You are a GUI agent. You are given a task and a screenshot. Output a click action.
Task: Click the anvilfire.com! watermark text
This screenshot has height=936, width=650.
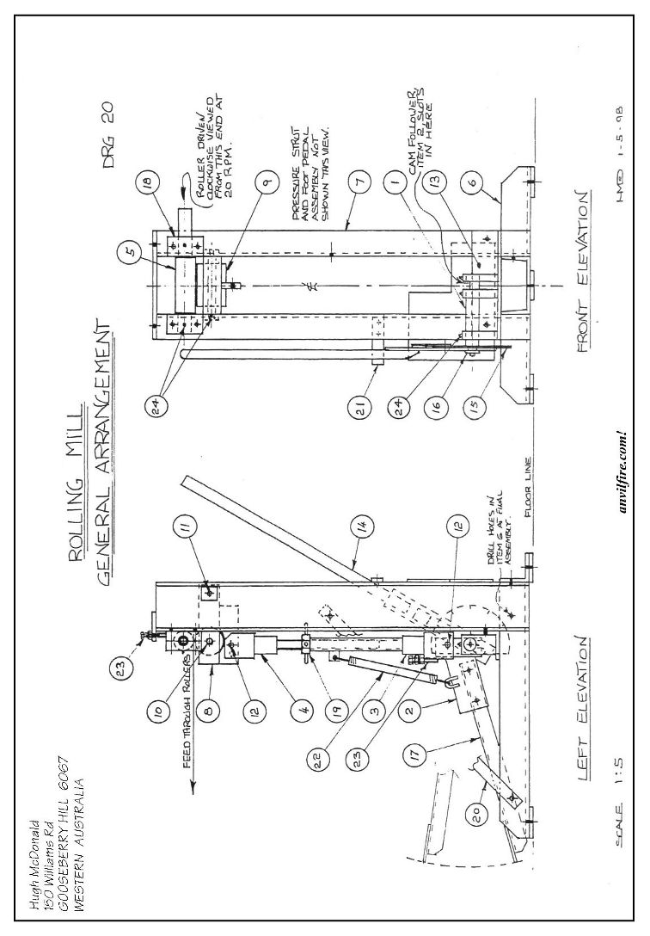click(x=626, y=471)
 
